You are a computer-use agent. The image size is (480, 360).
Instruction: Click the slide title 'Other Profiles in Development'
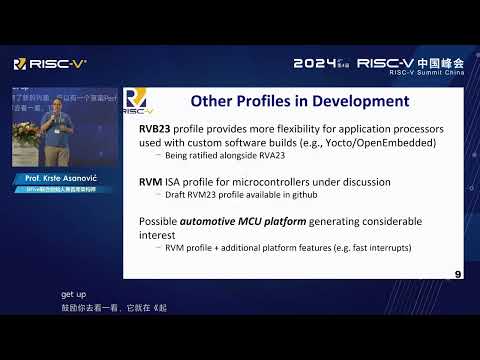(299, 101)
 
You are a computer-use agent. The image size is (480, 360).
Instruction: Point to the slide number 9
(457, 273)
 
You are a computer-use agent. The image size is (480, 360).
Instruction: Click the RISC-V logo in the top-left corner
(49, 63)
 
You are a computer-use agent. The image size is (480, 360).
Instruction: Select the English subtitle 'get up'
(73, 295)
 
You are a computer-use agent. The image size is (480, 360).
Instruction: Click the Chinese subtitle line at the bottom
(113, 307)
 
